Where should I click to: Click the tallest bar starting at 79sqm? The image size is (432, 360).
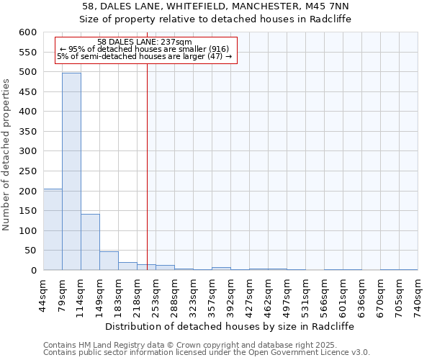[71, 171]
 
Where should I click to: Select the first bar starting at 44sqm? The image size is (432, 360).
[53, 229]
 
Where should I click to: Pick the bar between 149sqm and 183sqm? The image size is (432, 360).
[109, 261]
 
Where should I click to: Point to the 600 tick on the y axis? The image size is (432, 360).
[27, 32]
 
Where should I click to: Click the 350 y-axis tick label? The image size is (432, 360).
[27, 132]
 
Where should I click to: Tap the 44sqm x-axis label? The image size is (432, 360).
[44, 293]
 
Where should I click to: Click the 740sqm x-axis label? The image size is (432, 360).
[418, 293]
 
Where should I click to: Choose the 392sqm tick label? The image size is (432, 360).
[231, 293]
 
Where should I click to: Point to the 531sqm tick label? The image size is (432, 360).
[306, 293]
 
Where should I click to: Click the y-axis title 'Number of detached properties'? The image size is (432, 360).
[6, 155]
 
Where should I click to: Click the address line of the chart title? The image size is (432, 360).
[215, 6]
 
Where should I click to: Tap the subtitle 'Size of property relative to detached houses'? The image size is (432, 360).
[215, 19]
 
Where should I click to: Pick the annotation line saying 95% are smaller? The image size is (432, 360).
[145, 49]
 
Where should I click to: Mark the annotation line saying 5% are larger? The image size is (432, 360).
[145, 56]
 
